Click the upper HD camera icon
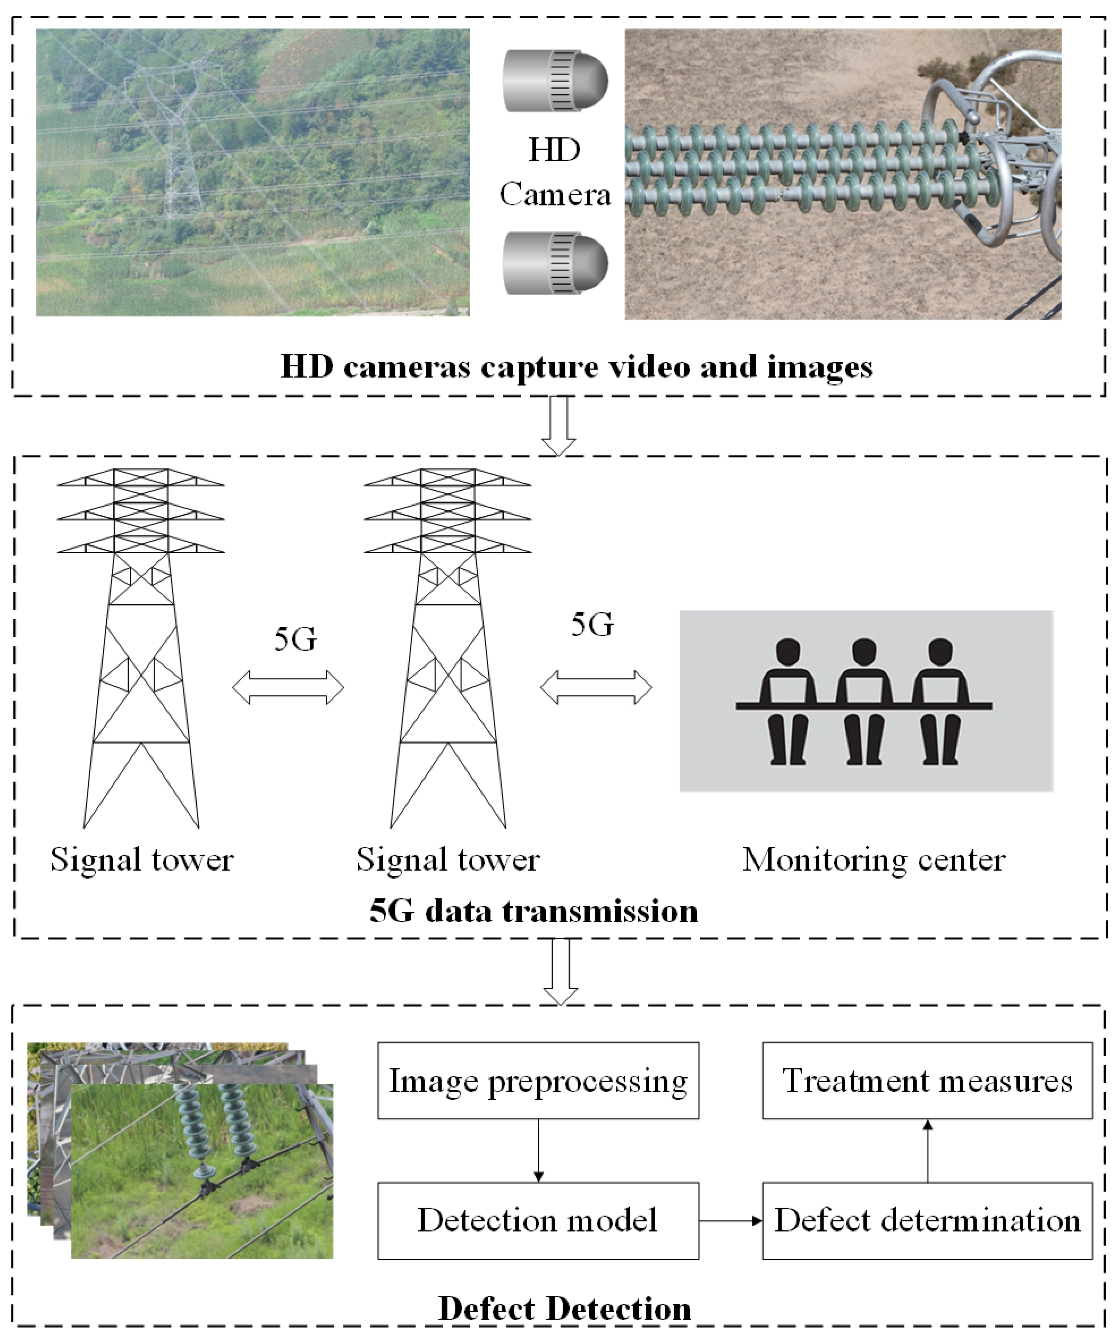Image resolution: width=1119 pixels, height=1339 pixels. (x=555, y=81)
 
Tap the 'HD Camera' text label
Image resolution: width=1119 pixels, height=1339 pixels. (x=555, y=172)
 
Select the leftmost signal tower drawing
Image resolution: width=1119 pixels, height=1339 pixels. (x=141, y=647)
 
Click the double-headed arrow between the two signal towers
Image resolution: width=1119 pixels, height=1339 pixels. (x=288, y=687)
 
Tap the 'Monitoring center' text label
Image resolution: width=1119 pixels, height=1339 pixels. (x=874, y=859)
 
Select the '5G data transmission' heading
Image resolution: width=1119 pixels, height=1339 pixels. (x=534, y=910)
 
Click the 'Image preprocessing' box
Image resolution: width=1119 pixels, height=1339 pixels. (x=538, y=1081)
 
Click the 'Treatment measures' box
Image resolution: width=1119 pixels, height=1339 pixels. (x=927, y=1081)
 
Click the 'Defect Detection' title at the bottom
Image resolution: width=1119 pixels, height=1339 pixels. (x=564, y=1308)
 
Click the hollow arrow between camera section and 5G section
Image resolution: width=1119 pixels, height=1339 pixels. (x=558, y=426)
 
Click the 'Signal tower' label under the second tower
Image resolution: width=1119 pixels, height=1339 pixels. (x=447, y=859)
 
